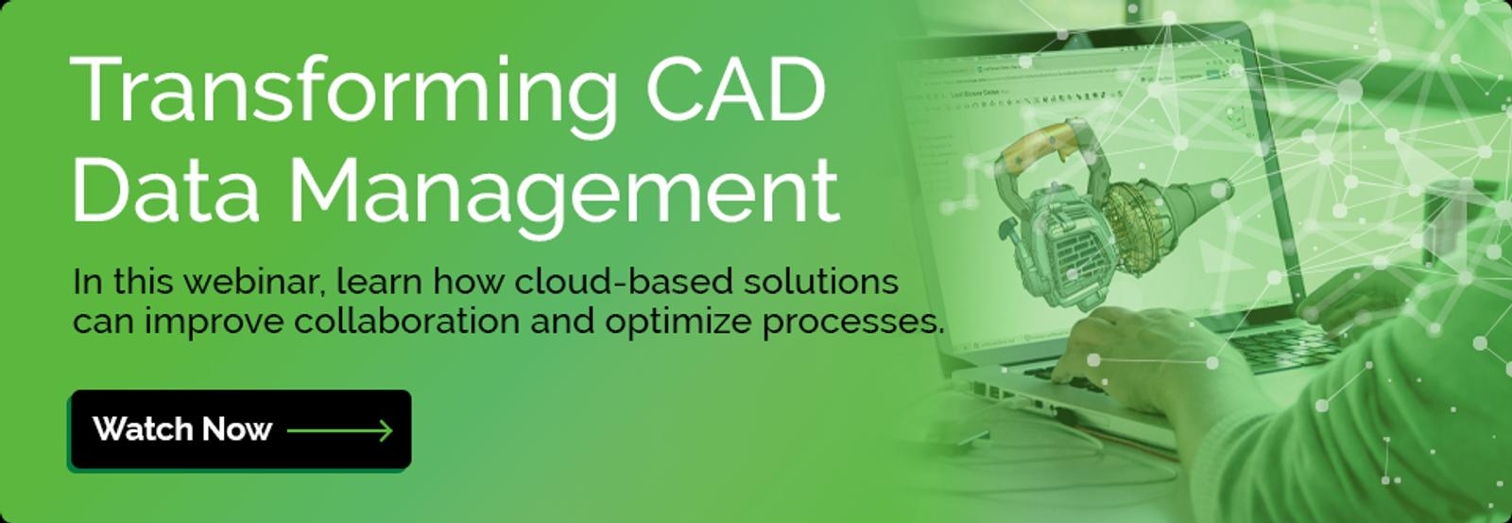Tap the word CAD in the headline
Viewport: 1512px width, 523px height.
[736, 90]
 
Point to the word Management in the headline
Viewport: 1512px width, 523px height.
[564, 196]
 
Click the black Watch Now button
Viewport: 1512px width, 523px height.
[240, 429]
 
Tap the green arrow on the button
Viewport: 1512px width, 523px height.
[339, 429]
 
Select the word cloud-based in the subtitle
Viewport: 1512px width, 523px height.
[623, 281]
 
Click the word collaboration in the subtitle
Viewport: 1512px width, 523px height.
[406, 322]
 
